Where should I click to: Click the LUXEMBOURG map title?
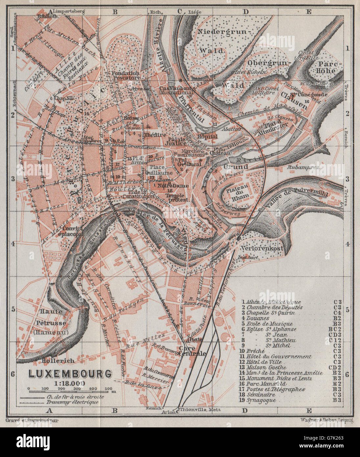pyautogui.click(x=70, y=374)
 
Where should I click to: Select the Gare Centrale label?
pyautogui.click(x=192, y=351)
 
